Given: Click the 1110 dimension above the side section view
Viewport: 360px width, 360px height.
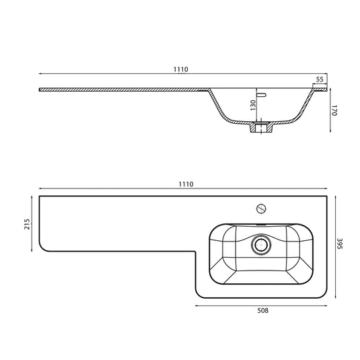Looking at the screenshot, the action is click(181, 69).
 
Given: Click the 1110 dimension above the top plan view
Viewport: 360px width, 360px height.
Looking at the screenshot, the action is click(186, 184).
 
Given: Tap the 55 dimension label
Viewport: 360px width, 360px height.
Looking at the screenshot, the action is click(320, 79).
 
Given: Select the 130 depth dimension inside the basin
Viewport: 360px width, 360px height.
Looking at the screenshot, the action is click(253, 105).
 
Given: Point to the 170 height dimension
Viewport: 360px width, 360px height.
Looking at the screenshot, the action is click(334, 110).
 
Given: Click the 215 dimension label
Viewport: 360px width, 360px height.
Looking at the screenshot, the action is click(27, 224).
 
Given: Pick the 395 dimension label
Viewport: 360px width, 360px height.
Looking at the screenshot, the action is click(340, 244).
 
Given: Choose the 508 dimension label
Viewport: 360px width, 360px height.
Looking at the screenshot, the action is click(262, 310).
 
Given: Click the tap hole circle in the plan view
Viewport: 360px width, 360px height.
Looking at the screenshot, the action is click(261, 209).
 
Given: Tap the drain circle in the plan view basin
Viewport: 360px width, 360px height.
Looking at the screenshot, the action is click(261, 245).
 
